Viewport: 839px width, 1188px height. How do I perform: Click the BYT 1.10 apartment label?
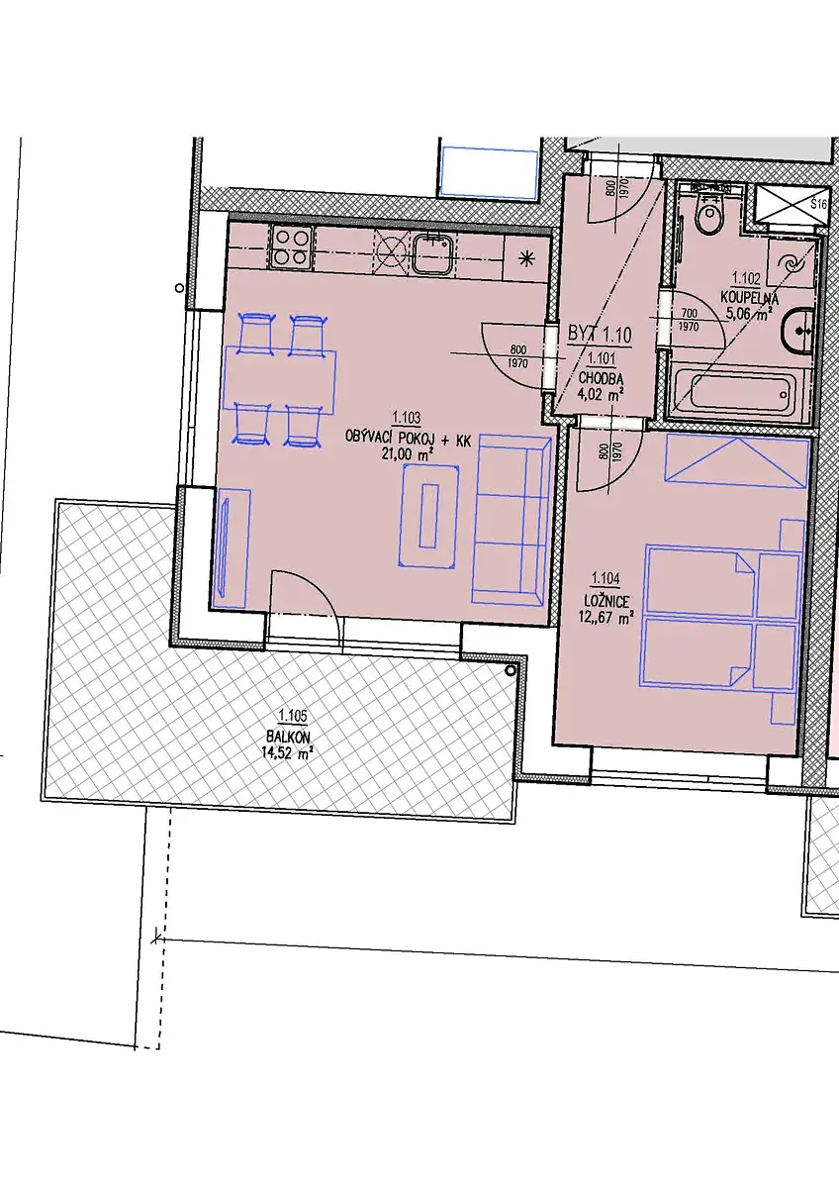pyautogui.click(x=600, y=335)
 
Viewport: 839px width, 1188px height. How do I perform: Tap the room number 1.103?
pyautogui.click(x=407, y=419)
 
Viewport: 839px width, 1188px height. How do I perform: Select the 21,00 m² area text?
pyautogui.click(x=408, y=453)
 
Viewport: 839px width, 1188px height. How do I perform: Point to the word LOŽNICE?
pyautogui.click(x=606, y=601)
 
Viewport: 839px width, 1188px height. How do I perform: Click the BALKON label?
pyautogui.click(x=289, y=737)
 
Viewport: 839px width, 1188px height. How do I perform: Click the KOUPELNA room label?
pyautogui.click(x=749, y=298)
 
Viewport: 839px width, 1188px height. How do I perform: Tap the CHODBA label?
pyautogui.click(x=602, y=378)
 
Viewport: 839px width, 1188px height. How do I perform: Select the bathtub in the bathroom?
pyautogui.click(x=738, y=394)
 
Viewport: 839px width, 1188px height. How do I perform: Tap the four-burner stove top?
pyautogui.click(x=291, y=247)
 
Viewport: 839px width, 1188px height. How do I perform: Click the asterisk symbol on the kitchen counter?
pyautogui.click(x=525, y=258)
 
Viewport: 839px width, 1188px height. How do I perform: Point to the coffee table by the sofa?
pyautogui.click(x=428, y=516)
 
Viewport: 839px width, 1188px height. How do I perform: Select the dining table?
pyautogui.click(x=280, y=379)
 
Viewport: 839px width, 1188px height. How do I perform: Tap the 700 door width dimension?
pyautogui.click(x=689, y=315)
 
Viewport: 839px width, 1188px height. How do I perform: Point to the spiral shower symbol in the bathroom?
pyautogui.click(x=792, y=262)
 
